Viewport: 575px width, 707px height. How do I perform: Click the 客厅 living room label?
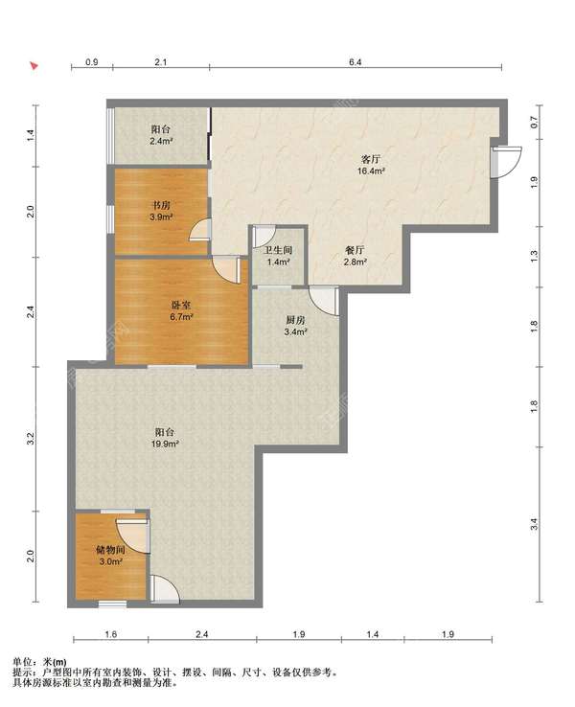click(371, 159)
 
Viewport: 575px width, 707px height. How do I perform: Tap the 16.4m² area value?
click(371, 171)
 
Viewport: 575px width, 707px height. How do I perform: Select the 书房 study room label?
click(161, 205)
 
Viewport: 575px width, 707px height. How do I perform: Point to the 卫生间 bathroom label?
click(278, 250)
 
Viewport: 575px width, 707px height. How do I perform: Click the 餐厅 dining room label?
click(355, 250)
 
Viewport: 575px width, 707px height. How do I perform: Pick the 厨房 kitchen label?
click(295, 321)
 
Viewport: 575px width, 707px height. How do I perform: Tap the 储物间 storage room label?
click(110, 550)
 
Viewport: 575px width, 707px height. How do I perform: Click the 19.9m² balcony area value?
click(165, 444)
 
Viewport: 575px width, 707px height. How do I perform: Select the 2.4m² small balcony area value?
click(161, 141)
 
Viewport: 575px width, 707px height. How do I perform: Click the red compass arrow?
click(34, 66)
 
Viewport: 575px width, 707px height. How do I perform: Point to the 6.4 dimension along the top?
click(356, 62)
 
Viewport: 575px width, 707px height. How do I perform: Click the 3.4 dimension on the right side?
click(534, 524)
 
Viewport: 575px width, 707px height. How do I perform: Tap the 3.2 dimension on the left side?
click(31, 438)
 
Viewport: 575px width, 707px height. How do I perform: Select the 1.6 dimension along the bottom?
click(111, 634)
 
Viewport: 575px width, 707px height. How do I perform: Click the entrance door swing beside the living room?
click(506, 161)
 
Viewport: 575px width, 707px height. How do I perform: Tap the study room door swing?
click(200, 230)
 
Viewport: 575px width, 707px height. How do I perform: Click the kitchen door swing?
click(324, 301)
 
